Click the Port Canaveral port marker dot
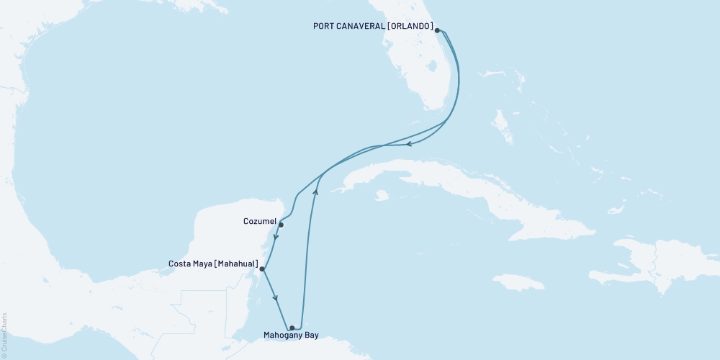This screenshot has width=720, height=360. pyautogui.click(x=437, y=30)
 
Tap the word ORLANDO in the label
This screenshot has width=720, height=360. pyautogui.click(x=411, y=27)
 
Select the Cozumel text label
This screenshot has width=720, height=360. pyautogui.click(x=261, y=222)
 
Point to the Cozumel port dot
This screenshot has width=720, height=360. pyautogui.click(x=281, y=225)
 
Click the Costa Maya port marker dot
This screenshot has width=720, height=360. pyautogui.click(x=262, y=269)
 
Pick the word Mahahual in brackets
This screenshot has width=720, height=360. pyautogui.click(x=234, y=264)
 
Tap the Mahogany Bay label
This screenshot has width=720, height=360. pyautogui.click(x=291, y=336)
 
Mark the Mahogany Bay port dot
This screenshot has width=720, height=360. pyautogui.click(x=292, y=328)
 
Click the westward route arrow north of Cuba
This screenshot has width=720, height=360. pyautogui.click(x=408, y=144)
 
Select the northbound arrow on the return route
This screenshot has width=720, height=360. pyautogui.click(x=315, y=190)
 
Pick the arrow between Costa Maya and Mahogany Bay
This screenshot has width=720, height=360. pyautogui.click(x=276, y=296)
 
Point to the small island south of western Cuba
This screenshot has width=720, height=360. pyautogui.click(x=382, y=194)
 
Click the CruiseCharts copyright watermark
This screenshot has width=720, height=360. pyautogui.click(x=4, y=336)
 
